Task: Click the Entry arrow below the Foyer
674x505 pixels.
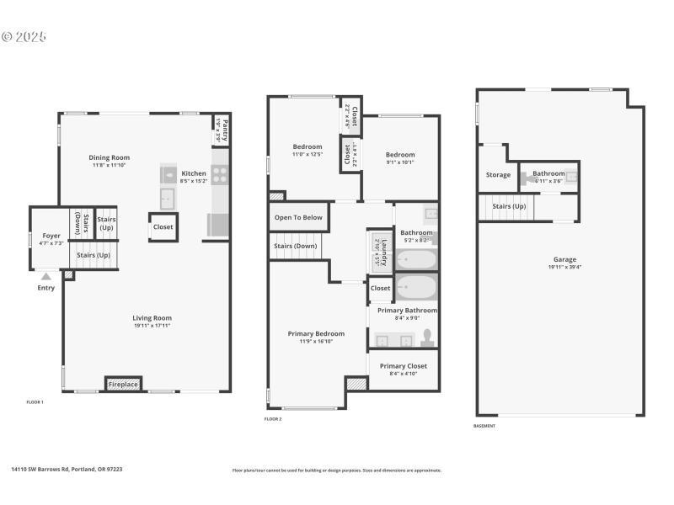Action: (x=46, y=275)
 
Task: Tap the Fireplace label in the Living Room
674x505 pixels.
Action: (x=123, y=385)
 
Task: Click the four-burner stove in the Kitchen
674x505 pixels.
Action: (x=219, y=174)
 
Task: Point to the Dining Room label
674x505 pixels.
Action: (x=110, y=157)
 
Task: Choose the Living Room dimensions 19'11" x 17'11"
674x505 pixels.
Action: (x=152, y=326)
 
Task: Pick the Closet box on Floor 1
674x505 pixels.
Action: (x=163, y=227)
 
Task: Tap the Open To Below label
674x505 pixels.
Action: (x=297, y=218)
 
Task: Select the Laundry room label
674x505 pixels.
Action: (x=383, y=250)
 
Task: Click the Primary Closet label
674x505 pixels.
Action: (x=403, y=366)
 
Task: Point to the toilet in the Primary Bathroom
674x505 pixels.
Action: (x=427, y=338)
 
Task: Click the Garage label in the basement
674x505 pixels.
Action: (x=564, y=260)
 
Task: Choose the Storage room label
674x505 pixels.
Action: (x=498, y=175)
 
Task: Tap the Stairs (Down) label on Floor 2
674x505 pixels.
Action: (x=295, y=246)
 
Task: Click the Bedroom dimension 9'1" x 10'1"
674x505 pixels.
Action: (x=400, y=162)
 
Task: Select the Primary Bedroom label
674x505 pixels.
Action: (x=316, y=334)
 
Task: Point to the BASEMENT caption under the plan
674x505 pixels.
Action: (x=484, y=426)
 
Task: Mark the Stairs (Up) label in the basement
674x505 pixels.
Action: (x=509, y=205)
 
